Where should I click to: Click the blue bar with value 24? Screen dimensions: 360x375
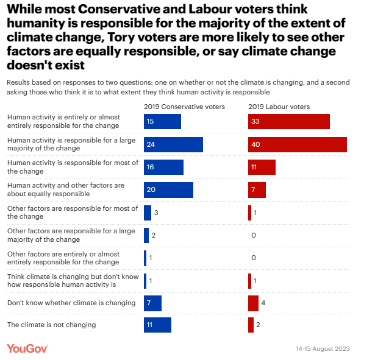pos(173,144)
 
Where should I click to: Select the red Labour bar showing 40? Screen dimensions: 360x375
pos(297,144)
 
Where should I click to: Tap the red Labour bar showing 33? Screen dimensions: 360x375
pos(288,121)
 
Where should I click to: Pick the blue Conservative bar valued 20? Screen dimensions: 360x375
pos(168,190)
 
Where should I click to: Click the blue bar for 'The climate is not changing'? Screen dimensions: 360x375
pos(157,325)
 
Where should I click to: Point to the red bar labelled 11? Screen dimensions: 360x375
pos(262,167)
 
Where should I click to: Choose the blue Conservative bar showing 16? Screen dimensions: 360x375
pos(163,167)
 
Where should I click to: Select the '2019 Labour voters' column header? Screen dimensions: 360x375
pos(279,107)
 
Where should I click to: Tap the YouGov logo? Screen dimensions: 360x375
pos(27,348)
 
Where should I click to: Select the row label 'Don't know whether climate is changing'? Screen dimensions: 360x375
pos(71,303)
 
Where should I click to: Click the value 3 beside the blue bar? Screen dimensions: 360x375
pos(156,213)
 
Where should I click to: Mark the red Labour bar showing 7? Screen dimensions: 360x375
pos(257,190)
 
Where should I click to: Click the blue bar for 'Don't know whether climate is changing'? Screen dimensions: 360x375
pos(152,303)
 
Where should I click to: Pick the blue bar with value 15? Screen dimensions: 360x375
pos(162,121)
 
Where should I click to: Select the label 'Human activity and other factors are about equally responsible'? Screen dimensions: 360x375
pos(65,189)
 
